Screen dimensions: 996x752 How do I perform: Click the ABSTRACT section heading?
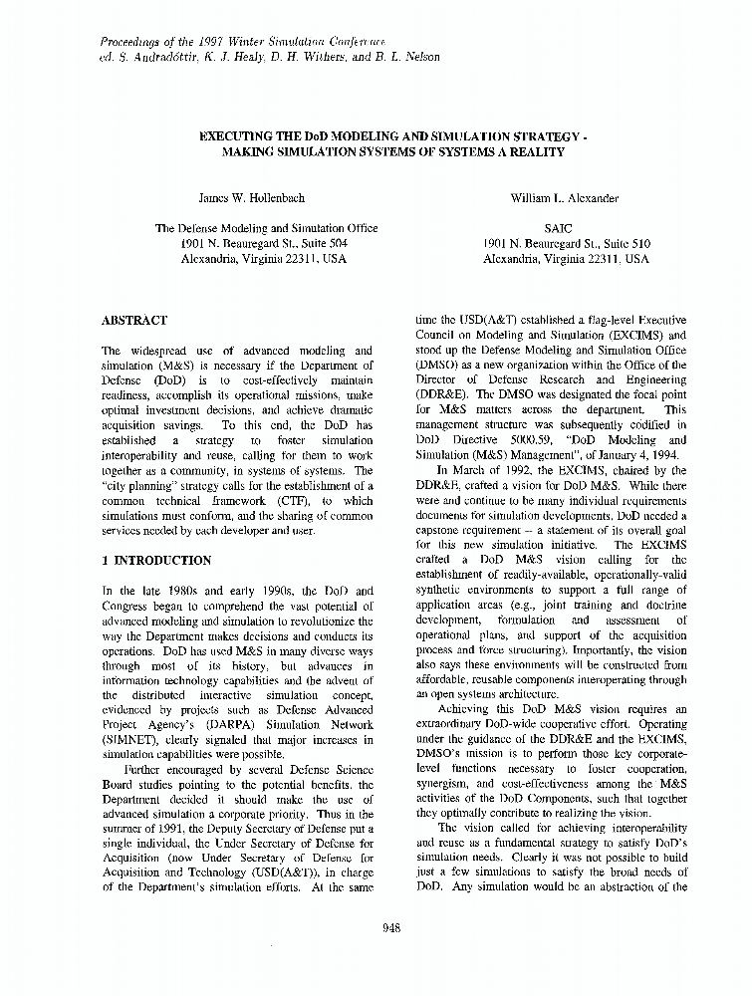click(134, 321)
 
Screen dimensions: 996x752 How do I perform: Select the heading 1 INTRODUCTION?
click(157, 561)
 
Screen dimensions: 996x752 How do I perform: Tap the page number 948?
click(391, 928)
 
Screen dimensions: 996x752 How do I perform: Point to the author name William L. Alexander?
click(565, 198)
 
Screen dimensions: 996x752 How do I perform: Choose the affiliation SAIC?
click(565, 228)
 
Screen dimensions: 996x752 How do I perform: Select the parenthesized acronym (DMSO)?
click(436, 366)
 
